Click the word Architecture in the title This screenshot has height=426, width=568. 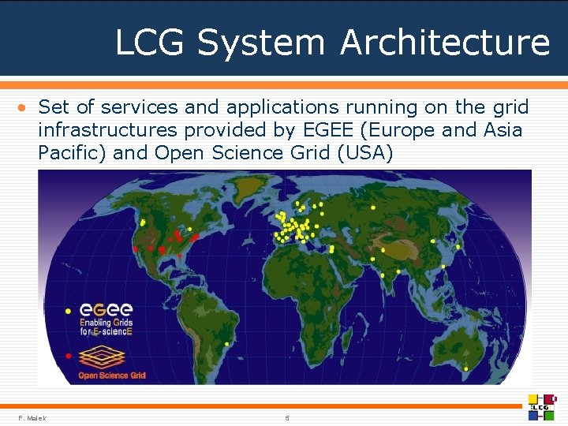444,42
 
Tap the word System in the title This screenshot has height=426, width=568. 261,42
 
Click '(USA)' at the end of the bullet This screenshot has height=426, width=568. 364,152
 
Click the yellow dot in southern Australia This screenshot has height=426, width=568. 466,368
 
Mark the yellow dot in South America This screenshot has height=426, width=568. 226,345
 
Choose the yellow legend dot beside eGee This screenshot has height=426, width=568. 69,310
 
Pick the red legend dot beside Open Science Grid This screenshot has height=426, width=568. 69,356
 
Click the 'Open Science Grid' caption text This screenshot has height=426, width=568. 111,376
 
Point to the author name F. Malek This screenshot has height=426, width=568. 32,417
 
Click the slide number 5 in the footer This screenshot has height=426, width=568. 288,417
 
